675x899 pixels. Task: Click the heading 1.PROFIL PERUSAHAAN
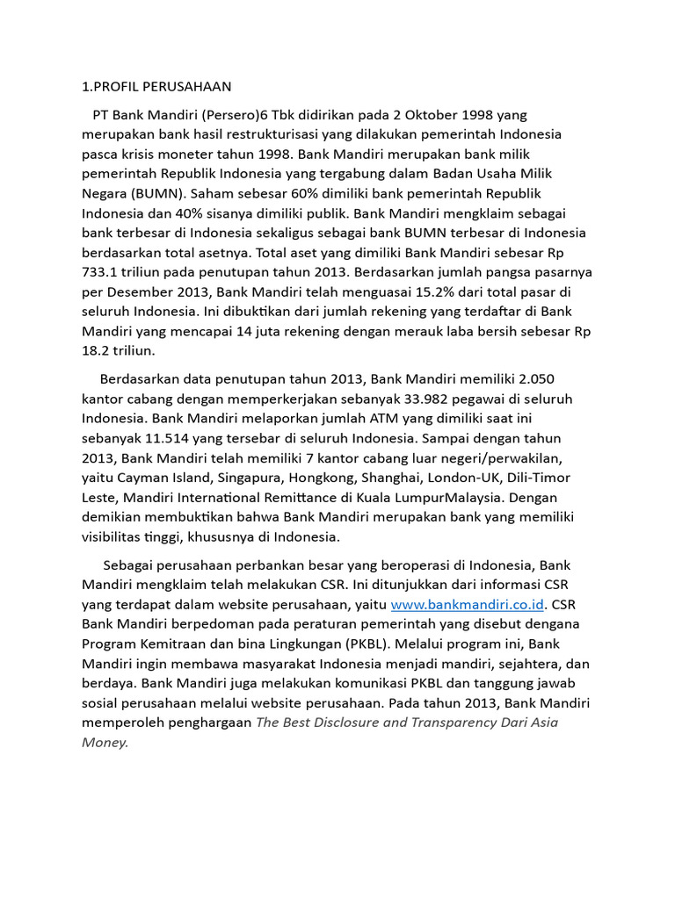(x=156, y=86)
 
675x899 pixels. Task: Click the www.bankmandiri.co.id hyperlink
(x=468, y=604)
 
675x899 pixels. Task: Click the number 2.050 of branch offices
(x=535, y=378)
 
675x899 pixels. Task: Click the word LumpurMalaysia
(x=425, y=496)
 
